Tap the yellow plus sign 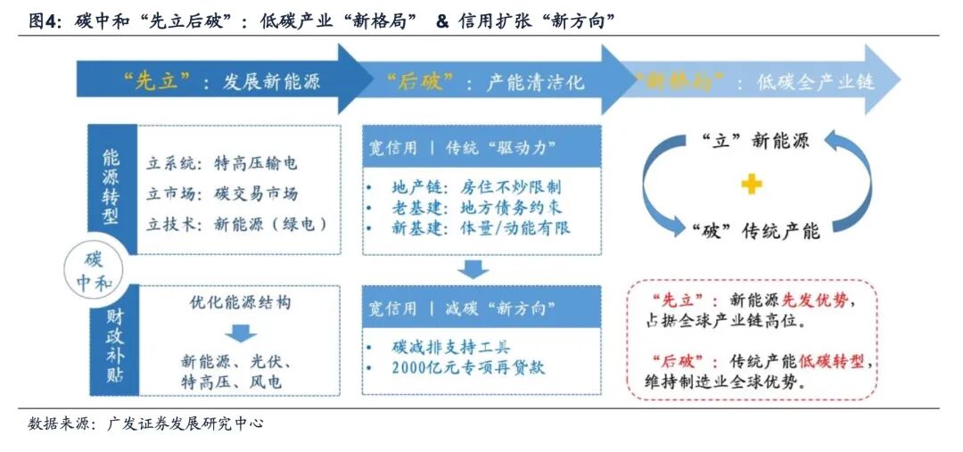(753, 185)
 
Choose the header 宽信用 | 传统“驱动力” (461, 149)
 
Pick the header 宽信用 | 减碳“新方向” (461, 309)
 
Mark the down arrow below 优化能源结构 (238, 334)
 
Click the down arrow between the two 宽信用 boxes (475, 268)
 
